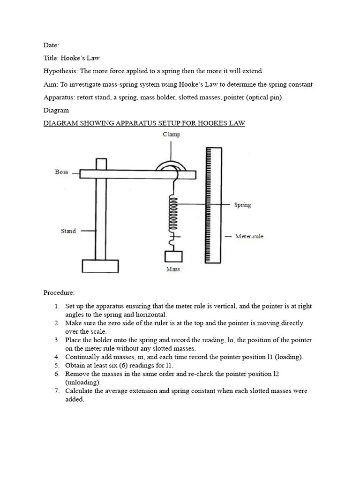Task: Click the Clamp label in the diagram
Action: coord(171,135)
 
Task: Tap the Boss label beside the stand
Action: coord(61,172)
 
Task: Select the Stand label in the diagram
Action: coord(68,231)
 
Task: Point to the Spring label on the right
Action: coord(242,205)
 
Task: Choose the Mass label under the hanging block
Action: coord(173,270)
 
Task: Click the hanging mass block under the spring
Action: coord(173,257)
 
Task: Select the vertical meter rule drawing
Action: coord(212,205)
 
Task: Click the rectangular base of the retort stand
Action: coord(100,266)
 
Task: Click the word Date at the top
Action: coord(51,45)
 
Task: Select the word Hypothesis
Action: coord(60,71)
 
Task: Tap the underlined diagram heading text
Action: coord(144,123)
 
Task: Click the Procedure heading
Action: coord(59,293)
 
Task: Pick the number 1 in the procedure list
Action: coord(56,306)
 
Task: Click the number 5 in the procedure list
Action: coord(56,365)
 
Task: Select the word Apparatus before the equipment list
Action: coord(58,97)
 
